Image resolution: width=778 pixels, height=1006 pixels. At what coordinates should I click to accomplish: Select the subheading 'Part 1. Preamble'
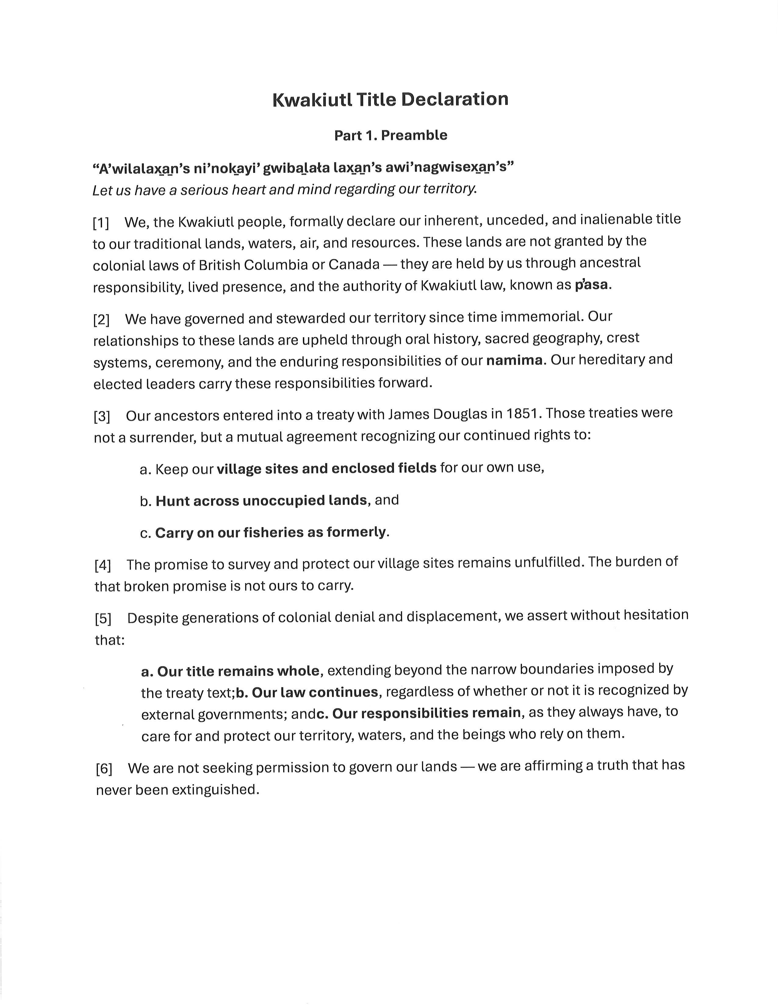pyautogui.click(x=391, y=135)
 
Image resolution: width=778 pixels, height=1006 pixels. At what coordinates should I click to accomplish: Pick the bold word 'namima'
pyautogui.click(x=514, y=360)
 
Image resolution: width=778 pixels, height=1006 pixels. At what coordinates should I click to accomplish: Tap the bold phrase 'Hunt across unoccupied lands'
pyautogui.click(x=261, y=501)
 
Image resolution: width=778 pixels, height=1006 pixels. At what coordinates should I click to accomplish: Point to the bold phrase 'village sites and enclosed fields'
pyautogui.click(x=326, y=469)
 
